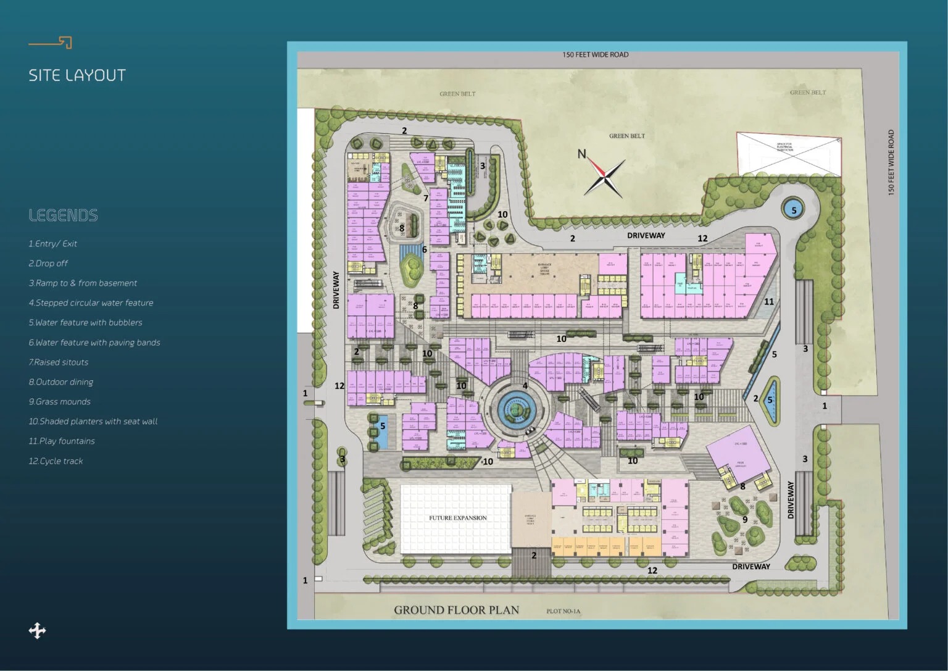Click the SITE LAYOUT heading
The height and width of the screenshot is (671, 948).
77,75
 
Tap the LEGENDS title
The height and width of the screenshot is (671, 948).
63,215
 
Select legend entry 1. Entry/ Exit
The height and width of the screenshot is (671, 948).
52,244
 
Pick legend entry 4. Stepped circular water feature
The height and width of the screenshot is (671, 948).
91,303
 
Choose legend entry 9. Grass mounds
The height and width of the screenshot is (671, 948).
59,402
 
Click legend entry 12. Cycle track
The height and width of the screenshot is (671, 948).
56,461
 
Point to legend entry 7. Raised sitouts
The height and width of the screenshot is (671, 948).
58,362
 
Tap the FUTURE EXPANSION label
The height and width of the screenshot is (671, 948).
458,518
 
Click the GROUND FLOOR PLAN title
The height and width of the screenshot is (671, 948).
456,610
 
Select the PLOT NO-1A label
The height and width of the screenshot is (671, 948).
563,612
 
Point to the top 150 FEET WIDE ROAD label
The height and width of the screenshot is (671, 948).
595,55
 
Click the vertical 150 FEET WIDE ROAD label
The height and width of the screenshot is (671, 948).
891,162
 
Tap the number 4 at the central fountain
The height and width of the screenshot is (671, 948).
525,386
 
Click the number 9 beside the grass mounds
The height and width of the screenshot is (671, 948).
745,520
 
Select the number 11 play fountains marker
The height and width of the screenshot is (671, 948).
768,302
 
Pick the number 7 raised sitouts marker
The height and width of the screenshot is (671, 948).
426,198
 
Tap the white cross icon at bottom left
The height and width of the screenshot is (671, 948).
37,630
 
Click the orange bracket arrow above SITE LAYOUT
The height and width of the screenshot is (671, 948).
51,43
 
